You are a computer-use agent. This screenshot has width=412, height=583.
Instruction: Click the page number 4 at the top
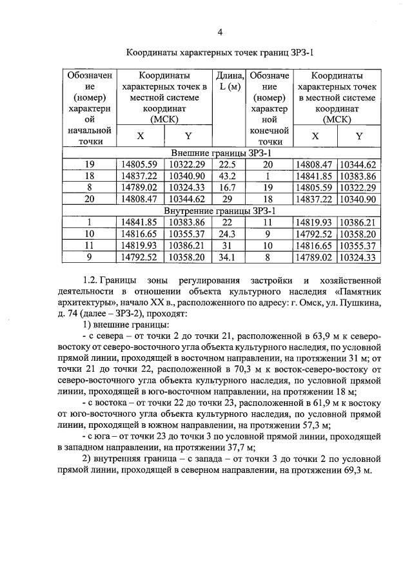click(x=220, y=32)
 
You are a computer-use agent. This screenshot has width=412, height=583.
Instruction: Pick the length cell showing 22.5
click(x=230, y=164)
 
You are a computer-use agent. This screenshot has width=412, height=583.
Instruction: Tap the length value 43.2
click(x=230, y=176)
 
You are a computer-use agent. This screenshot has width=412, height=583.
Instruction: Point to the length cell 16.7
click(x=230, y=187)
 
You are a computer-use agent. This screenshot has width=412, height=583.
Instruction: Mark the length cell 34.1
click(x=230, y=257)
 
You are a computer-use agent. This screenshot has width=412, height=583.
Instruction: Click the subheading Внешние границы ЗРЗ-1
click(x=221, y=153)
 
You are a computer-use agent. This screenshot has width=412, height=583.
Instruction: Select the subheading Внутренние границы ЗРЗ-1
click(x=221, y=211)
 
